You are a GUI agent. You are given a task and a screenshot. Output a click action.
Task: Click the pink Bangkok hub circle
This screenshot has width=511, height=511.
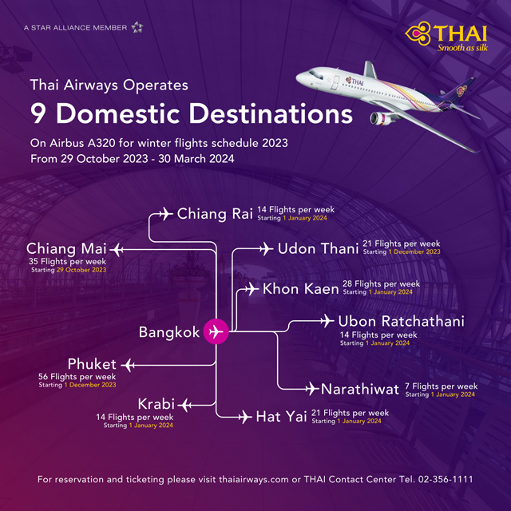click(x=216, y=331)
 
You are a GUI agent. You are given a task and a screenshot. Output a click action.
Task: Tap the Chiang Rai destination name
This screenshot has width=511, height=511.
click(x=215, y=214)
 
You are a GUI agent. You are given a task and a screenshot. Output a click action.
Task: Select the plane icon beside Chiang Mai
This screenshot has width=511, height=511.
click(x=117, y=250)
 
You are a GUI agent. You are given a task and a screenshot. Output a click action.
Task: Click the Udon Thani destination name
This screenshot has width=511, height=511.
click(x=318, y=248)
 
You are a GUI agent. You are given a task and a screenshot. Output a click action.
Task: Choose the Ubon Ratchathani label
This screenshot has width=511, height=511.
click(x=401, y=321)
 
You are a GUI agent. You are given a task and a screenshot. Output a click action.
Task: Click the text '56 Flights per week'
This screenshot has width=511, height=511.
click(x=77, y=377)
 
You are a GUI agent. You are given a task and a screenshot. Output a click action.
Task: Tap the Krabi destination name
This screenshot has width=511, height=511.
click(x=156, y=404)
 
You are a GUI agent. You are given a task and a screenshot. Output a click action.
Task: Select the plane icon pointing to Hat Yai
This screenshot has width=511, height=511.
click(x=245, y=417)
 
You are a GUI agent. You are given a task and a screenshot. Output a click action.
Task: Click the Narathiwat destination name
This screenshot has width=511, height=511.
click(x=360, y=389)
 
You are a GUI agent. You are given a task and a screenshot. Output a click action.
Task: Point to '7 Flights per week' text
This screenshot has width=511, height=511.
click(x=442, y=386)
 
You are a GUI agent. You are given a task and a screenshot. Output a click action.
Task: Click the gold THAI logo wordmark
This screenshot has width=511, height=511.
click(x=460, y=34)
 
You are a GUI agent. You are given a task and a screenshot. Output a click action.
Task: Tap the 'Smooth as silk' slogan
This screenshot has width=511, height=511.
click(x=462, y=48)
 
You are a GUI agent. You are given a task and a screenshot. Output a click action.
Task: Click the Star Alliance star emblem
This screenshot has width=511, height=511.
click(x=137, y=27)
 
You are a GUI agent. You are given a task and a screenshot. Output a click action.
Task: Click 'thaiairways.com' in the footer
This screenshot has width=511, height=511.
click(x=254, y=480)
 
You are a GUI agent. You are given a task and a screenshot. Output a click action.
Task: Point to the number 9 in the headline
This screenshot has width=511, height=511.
click(x=38, y=113)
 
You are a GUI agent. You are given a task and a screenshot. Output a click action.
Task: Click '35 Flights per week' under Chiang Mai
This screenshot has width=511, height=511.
click(x=67, y=262)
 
